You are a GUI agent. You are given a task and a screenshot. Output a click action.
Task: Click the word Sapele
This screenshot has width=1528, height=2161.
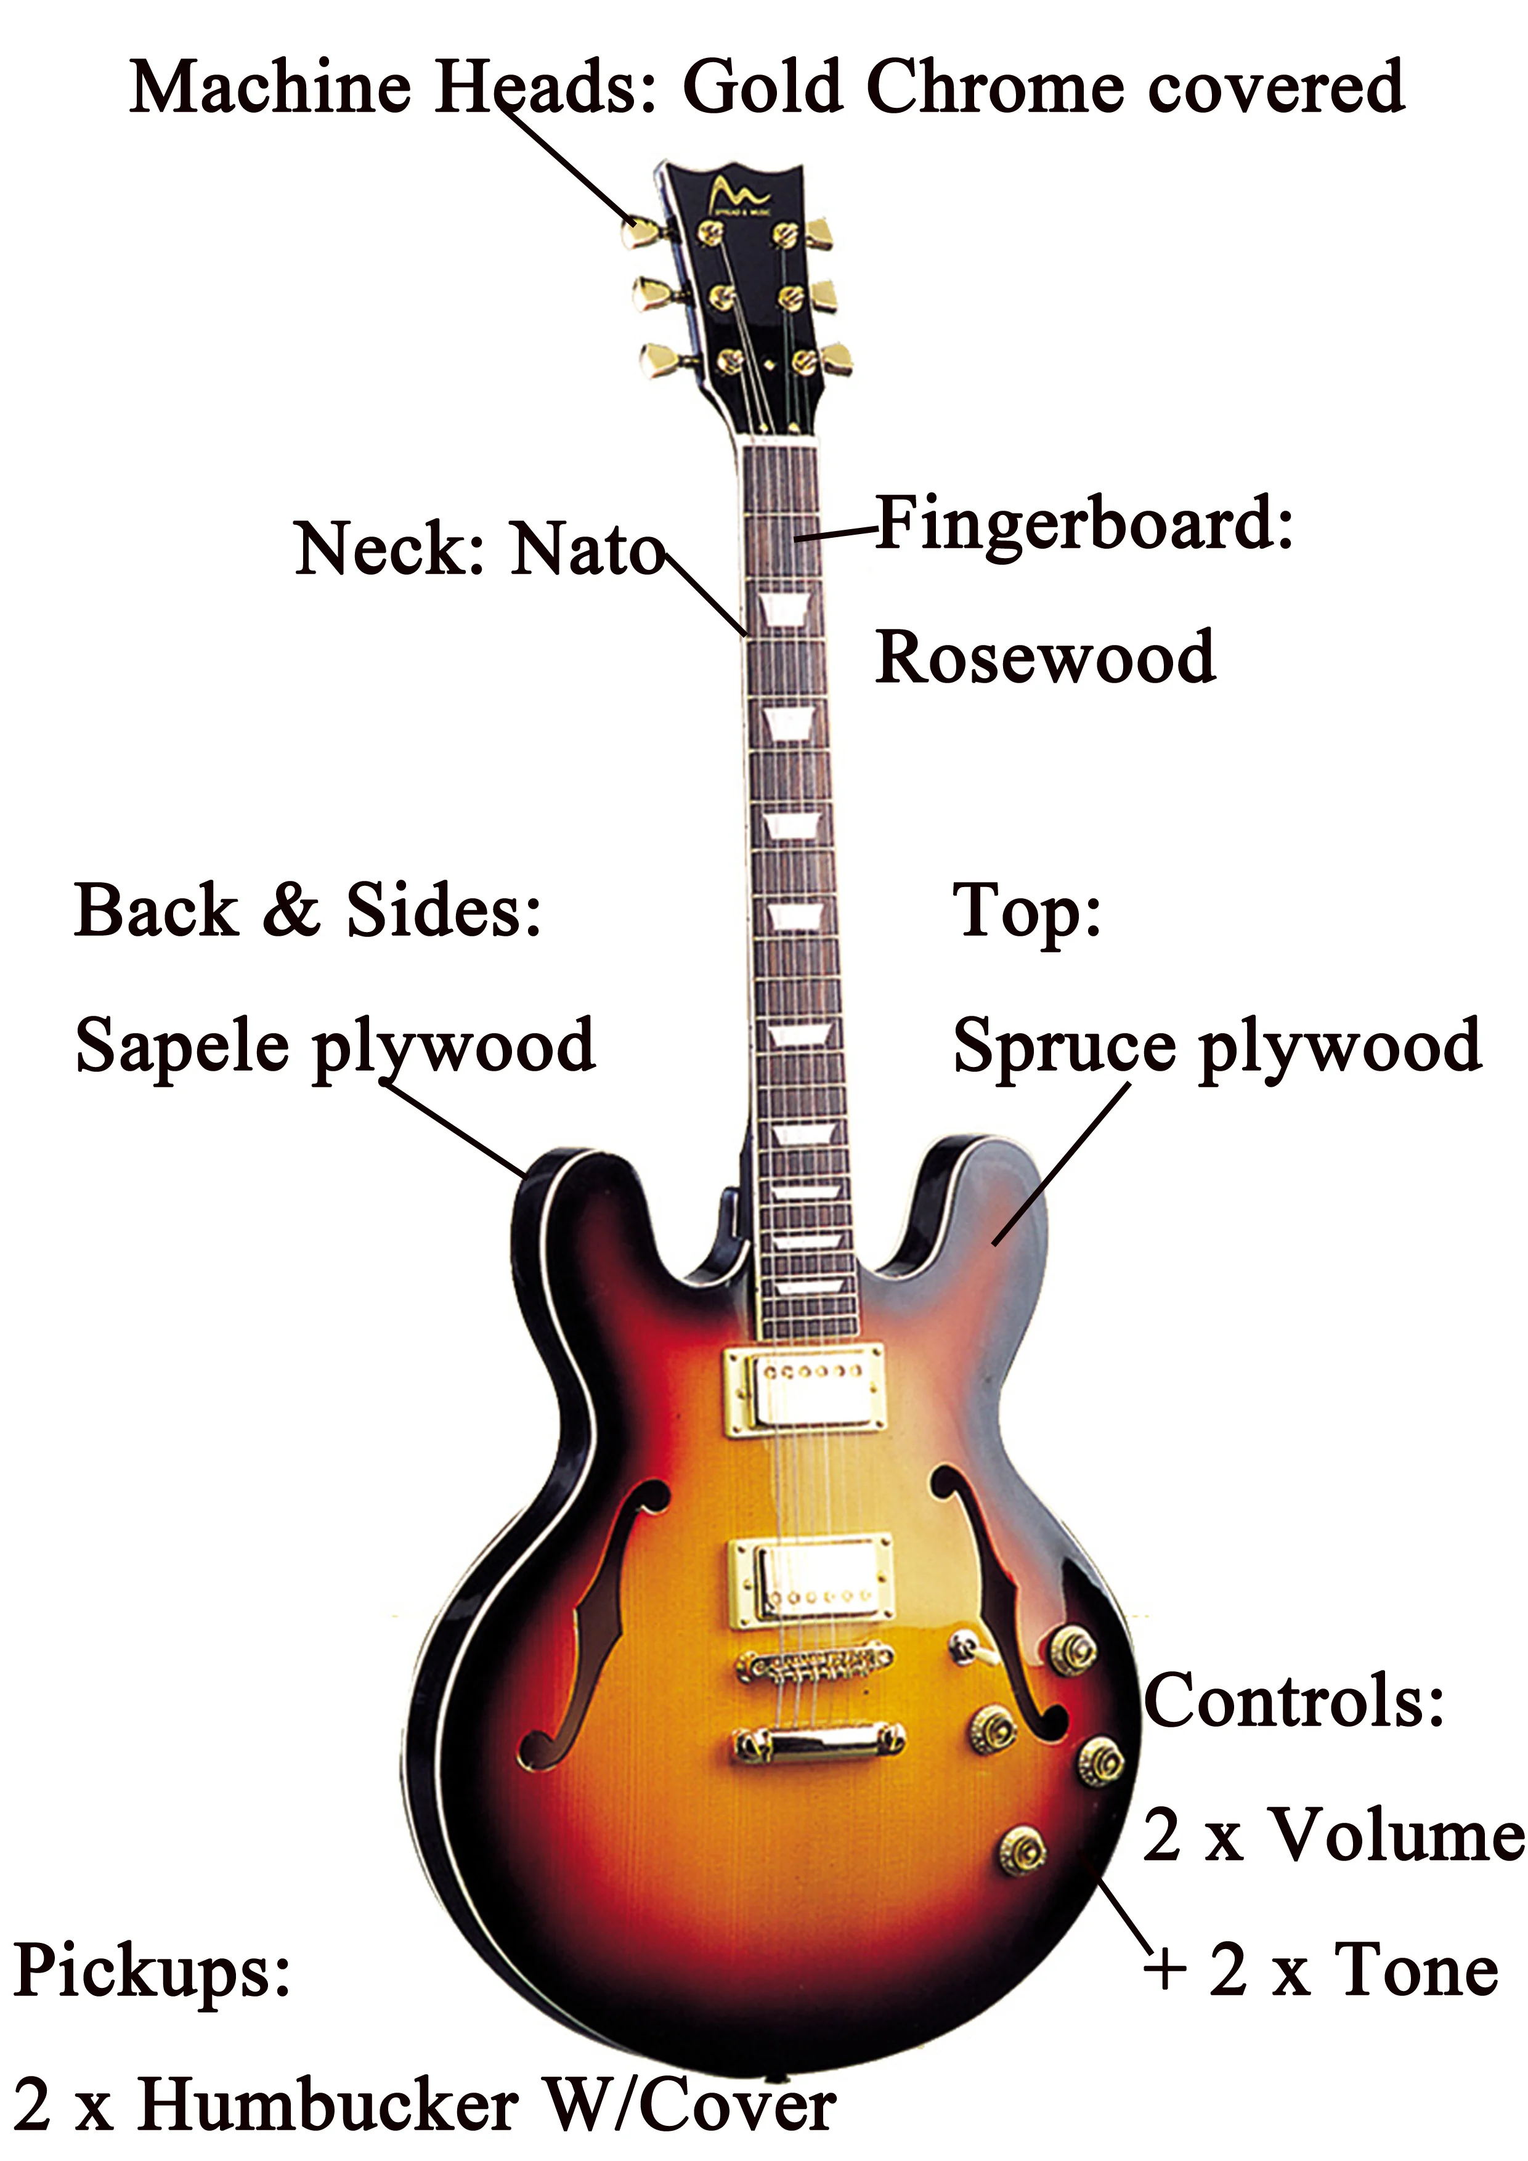click(x=182, y=1045)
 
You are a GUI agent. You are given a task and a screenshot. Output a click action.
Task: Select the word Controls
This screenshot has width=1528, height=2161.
click(x=1294, y=1700)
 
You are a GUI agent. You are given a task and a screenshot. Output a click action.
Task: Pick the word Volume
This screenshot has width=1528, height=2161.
click(x=1397, y=1835)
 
